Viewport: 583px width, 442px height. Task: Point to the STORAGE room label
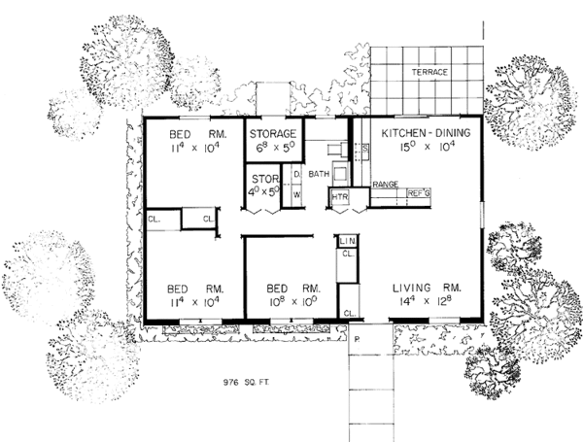[273, 134]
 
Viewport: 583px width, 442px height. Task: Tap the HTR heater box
[339, 197]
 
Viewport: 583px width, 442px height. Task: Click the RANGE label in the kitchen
[386, 184]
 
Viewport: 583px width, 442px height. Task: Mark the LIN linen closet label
[347, 238]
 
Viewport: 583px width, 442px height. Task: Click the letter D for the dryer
[296, 175]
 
